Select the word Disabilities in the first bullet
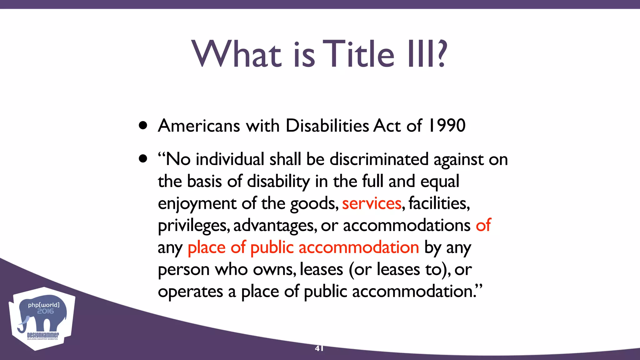(327, 126)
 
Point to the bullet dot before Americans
(143, 126)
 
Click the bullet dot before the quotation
(143, 159)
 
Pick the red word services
(372, 203)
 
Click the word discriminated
(379, 159)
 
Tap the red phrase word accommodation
(359, 247)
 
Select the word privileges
(194, 226)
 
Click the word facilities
(439, 203)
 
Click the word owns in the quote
(274, 270)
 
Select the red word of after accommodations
(483, 225)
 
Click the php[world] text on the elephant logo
(43, 305)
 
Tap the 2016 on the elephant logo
(45, 311)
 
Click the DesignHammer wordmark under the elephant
(43, 335)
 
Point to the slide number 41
(319, 348)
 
